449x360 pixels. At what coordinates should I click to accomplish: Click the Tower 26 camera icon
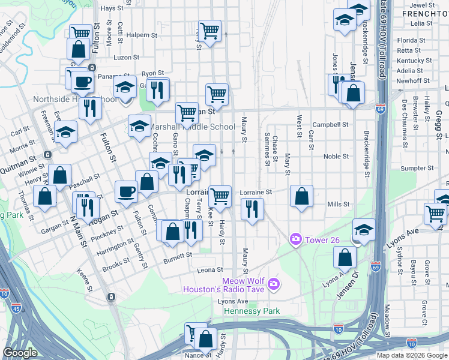click(x=295, y=240)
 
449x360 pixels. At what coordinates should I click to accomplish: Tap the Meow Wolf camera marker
click(x=274, y=283)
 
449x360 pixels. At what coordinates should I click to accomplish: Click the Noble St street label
click(x=336, y=157)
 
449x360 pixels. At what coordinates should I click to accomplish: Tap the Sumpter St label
click(x=413, y=169)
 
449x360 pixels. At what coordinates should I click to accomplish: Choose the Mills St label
click(x=339, y=205)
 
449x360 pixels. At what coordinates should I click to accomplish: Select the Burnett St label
click(x=178, y=254)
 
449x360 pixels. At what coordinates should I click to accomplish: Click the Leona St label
click(x=211, y=270)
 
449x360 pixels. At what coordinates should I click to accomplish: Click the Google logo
click(x=20, y=353)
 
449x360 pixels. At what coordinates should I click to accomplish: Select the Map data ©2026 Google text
click(x=411, y=355)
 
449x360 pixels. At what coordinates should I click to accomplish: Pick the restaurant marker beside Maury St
click(x=252, y=209)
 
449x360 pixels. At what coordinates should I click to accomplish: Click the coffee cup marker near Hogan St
click(x=125, y=192)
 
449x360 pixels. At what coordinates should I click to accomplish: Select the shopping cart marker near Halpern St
click(x=210, y=30)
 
